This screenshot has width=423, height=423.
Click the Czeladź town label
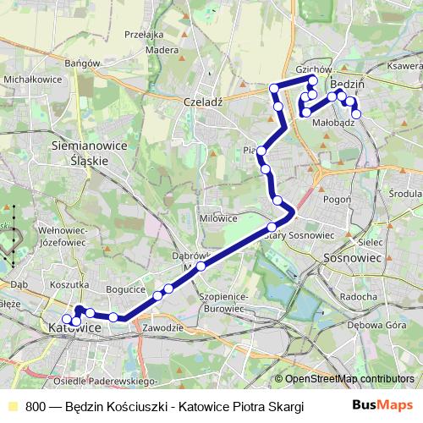(202, 100)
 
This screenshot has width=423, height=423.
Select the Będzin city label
(347, 85)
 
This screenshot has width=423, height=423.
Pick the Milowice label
(218, 217)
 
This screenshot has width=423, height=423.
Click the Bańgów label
(83, 63)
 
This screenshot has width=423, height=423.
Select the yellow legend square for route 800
(12, 406)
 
